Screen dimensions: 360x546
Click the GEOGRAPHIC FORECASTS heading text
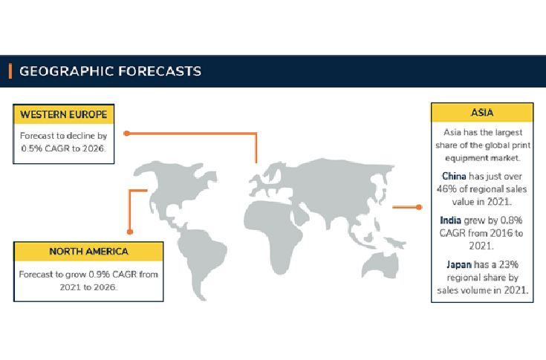coord(110,71)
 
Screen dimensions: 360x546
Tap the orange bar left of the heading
coord(10,71)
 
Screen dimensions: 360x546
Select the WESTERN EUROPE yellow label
coord(63,114)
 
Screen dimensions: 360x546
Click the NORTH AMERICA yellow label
coord(88,251)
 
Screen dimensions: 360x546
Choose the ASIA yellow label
coord(482,113)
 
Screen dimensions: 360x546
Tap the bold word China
coord(455,176)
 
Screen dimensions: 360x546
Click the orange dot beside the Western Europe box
coord(127,134)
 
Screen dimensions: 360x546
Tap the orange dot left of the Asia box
coord(419,207)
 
